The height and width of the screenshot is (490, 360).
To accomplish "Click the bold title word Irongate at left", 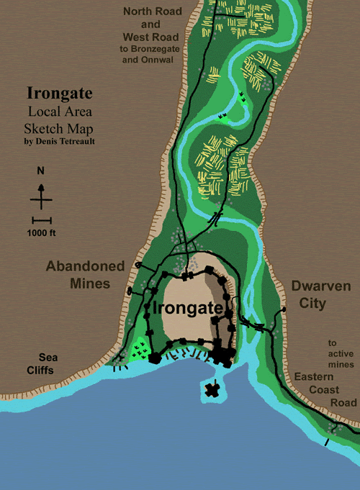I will [x=59, y=94].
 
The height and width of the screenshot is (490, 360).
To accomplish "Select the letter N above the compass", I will [x=41, y=171].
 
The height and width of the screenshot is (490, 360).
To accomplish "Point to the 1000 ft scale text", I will [x=42, y=232].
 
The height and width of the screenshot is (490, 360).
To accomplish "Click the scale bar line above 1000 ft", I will [x=42, y=219].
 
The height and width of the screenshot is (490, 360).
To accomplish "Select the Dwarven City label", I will [x=321, y=294].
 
